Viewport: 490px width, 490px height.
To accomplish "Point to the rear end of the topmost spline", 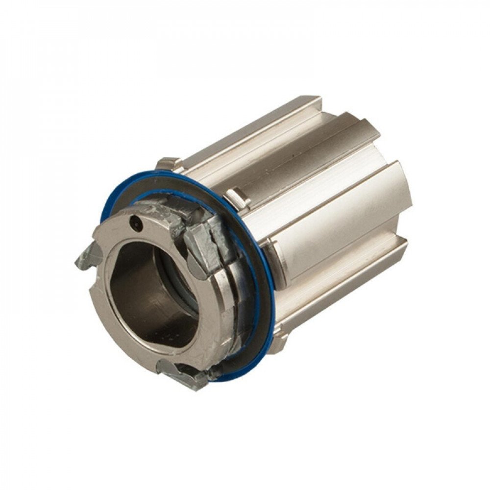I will pos(311,100).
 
